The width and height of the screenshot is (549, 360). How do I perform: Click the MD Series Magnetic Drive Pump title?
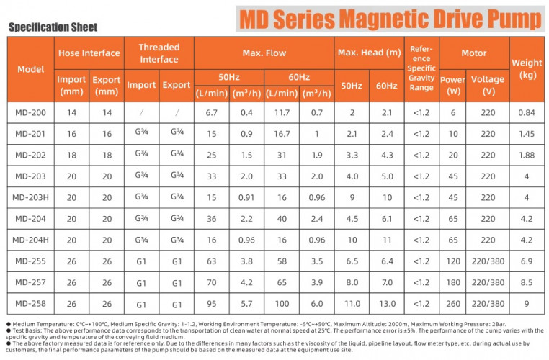[392, 17]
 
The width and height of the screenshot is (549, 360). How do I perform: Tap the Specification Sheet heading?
[52, 28]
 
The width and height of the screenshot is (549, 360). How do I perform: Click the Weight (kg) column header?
[527, 69]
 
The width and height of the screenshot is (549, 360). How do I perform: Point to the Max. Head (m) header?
[369, 53]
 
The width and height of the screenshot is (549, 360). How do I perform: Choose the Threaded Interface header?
[159, 53]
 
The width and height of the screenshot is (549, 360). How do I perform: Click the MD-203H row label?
[30, 197]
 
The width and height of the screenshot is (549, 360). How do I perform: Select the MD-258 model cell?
[30, 303]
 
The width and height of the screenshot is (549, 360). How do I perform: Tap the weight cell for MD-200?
[527, 113]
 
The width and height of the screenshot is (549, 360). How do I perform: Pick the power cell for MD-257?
[452, 282]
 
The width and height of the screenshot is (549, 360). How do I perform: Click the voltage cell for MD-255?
[487, 261]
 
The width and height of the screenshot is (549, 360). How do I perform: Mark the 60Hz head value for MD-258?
[386, 303]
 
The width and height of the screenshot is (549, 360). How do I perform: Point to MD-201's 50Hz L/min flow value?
[211, 134]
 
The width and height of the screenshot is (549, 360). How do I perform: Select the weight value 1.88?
[527, 155]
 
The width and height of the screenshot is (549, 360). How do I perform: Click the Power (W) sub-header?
[452, 85]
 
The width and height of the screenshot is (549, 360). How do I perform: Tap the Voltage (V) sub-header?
[487, 85]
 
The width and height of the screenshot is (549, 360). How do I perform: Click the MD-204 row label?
[30, 218]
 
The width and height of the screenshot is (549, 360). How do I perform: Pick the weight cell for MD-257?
[527, 282]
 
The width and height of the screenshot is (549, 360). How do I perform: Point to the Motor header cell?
[473, 53]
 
